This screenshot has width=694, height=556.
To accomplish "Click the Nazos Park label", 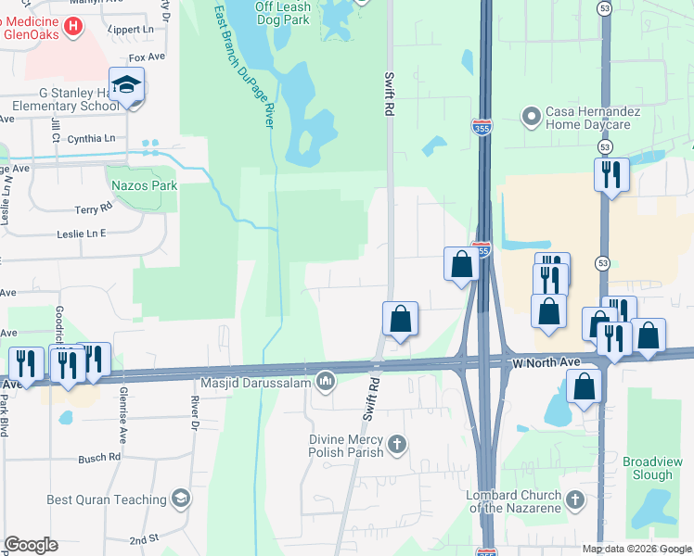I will point(144,185).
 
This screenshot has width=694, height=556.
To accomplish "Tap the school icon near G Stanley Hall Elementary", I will point(126,85).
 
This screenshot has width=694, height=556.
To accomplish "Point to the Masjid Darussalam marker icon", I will point(325,382).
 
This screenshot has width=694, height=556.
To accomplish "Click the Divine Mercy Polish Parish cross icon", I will point(397,446).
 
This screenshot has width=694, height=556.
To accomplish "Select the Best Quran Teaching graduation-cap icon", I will point(180,500).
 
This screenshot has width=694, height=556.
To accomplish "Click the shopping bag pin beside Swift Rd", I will point(400,320).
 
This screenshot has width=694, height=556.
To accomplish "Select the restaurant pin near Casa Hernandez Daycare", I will point(610,175).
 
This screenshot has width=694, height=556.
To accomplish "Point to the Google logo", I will point(31,545).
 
